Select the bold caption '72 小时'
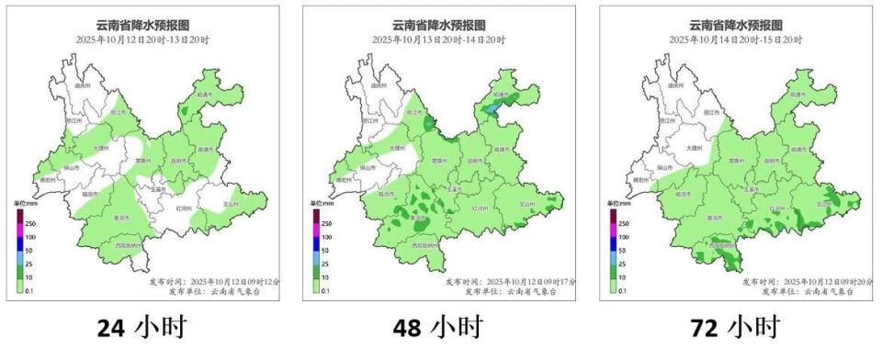[735, 327]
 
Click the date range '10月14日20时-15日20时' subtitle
[735, 39]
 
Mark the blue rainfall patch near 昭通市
[493, 109]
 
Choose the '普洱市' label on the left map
[120, 219]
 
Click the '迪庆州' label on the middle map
[378, 85]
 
